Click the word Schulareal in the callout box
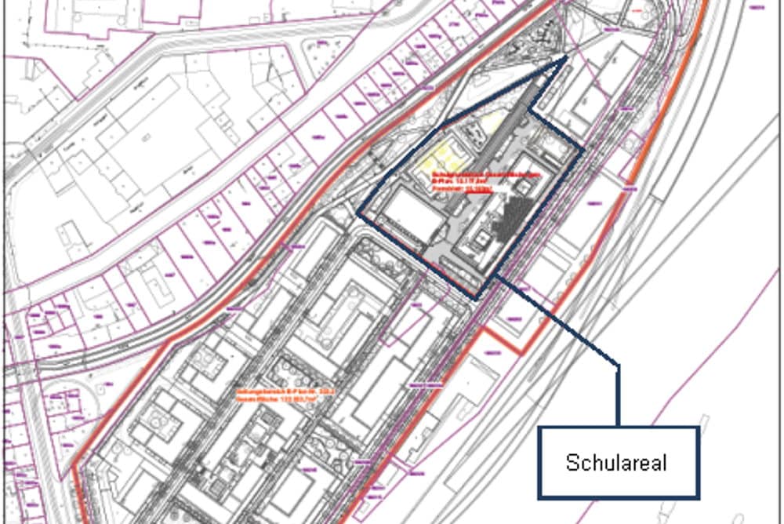(616, 463)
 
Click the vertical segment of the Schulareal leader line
(618, 396)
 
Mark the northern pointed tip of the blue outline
(566, 58)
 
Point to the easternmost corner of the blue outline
(582, 150)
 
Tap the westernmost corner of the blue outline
(358, 213)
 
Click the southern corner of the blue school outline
(476, 298)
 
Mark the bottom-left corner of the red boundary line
(74, 471)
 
